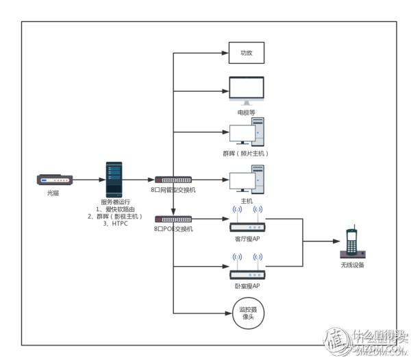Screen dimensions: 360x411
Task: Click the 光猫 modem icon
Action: pyautogui.click(x=52, y=180)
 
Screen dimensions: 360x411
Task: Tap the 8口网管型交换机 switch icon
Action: pyautogui.click(x=173, y=180)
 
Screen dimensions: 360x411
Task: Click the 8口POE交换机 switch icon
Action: pyautogui.click(x=173, y=219)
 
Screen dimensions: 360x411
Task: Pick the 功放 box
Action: pyautogui.click(x=246, y=53)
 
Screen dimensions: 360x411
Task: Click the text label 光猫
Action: pyautogui.click(x=53, y=194)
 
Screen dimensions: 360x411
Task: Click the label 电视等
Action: pyautogui.click(x=246, y=111)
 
